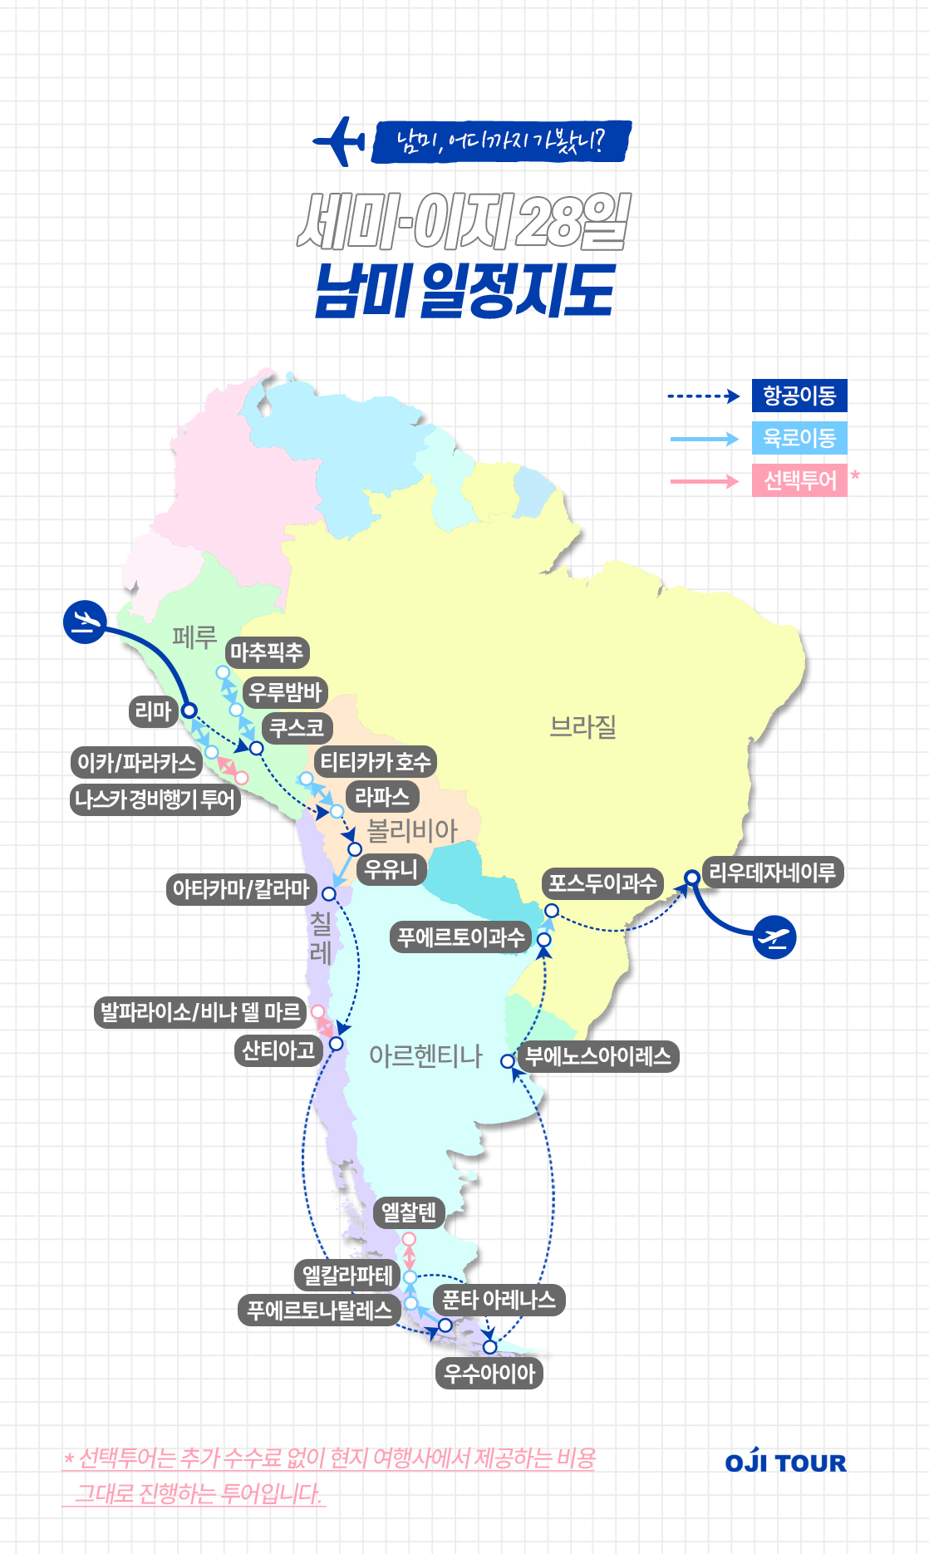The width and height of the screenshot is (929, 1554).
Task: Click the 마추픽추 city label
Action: (x=267, y=652)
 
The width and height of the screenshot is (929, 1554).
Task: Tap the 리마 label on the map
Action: (x=153, y=711)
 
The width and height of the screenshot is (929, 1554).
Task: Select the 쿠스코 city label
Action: (x=297, y=728)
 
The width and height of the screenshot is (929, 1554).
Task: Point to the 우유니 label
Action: (x=391, y=869)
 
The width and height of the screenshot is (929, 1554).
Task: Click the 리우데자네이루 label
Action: (x=772, y=873)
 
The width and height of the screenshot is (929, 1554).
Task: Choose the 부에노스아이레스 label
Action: (x=598, y=1056)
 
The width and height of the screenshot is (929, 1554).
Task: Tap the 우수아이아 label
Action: (x=489, y=1373)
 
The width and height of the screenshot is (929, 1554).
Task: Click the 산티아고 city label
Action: (x=278, y=1050)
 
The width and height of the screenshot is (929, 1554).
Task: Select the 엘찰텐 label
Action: (x=409, y=1212)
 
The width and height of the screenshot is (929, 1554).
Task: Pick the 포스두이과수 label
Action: (x=602, y=883)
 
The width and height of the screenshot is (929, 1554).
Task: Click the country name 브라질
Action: (x=583, y=727)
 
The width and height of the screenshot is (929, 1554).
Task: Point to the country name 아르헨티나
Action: (x=425, y=1055)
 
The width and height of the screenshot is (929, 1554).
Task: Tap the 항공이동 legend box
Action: (x=799, y=396)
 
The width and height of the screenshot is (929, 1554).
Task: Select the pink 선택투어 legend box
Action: (x=799, y=480)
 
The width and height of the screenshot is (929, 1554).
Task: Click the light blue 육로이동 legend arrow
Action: (x=704, y=439)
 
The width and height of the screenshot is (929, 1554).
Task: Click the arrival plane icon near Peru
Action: (x=85, y=622)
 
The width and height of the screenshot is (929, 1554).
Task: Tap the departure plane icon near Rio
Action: (x=775, y=937)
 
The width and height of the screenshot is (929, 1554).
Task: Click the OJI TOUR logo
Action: (x=785, y=1463)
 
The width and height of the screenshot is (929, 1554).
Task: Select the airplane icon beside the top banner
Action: (x=340, y=141)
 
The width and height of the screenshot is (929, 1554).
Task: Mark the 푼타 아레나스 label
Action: (x=499, y=1300)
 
